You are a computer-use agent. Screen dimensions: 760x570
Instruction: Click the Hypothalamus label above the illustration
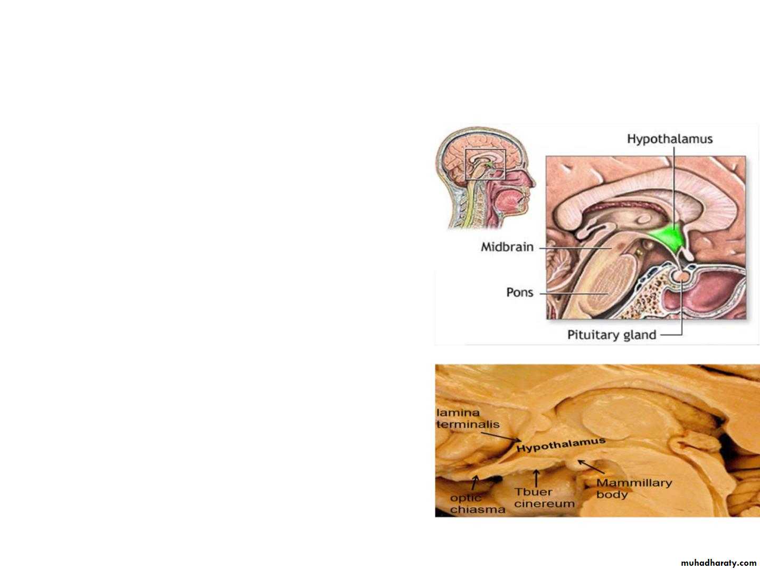click(670, 139)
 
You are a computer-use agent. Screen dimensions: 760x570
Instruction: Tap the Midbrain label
click(507, 247)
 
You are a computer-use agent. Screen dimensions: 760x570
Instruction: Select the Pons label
click(519, 292)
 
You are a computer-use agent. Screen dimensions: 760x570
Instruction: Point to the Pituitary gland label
click(612, 335)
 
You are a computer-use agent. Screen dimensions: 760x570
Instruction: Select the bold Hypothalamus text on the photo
click(561, 445)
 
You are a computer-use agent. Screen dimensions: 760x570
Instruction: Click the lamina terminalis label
click(468, 419)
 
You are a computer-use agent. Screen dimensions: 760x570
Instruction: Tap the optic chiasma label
click(478, 503)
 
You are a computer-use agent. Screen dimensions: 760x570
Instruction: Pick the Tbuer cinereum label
click(544, 498)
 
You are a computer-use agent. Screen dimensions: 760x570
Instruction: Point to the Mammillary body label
click(634, 488)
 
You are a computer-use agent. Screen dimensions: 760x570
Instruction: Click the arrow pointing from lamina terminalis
click(501, 437)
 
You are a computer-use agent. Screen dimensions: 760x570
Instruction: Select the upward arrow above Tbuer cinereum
click(536, 478)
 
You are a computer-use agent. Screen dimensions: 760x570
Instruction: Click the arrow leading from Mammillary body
click(591, 467)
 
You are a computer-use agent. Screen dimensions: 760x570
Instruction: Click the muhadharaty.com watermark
click(718, 563)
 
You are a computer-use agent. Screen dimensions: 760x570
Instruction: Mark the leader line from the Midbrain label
click(575, 248)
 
